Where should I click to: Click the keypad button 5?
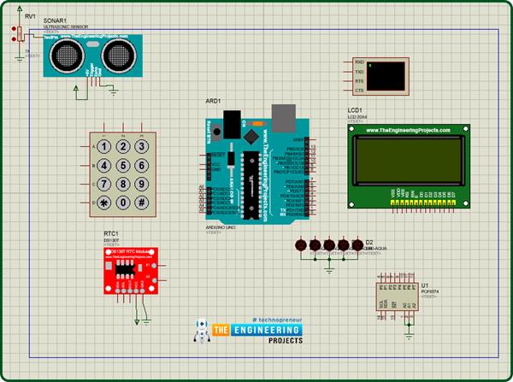tap(124, 165)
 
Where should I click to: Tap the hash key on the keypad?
tap(143, 203)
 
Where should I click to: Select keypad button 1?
tap(105, 146)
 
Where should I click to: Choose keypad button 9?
tap(143, 184)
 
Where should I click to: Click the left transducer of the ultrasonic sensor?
tap(67, 56)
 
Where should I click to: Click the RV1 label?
tap(30, 16)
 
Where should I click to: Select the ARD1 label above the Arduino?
tap(213, 101)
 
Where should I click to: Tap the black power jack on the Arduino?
tap(228, 120)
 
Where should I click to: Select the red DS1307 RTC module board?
tap(129, 273)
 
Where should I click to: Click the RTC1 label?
tap(110, 232)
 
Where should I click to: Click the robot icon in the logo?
tap(202, 333)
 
